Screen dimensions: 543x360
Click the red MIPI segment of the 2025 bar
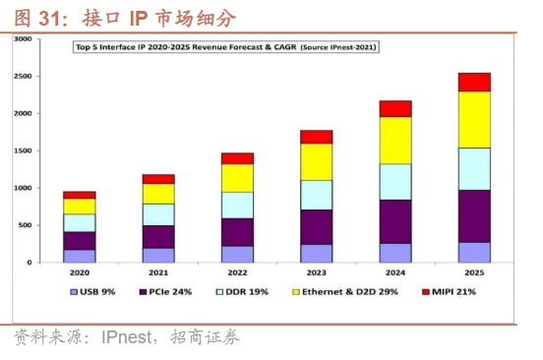coord(474,83)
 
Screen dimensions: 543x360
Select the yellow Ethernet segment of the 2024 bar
coord(395,141)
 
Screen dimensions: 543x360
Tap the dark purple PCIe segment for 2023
coord(316,227)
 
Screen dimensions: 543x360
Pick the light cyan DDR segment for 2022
coord(238,206)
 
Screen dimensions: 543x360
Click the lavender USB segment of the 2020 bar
coord(80,256)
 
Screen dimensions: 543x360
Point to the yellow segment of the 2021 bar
coord(158,194)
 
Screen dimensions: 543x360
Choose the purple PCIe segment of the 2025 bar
coord(474,216)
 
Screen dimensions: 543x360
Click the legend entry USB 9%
coord(92,292)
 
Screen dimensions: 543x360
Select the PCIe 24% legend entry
coord(165,292)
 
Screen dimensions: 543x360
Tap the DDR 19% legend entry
coord(242,292)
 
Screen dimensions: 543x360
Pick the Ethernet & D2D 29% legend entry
coord(345,292)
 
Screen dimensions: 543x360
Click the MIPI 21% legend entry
coord(450,292)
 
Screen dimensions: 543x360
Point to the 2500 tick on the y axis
coord(23,76)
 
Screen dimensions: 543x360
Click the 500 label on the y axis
coord(25,225)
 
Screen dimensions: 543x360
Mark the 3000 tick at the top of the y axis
coord(23,38)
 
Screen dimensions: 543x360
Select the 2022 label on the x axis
coord(238,272)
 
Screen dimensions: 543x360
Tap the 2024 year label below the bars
coord(395,272)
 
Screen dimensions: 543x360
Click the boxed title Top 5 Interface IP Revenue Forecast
coord(226,47)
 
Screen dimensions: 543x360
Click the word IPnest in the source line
coord(126,336)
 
